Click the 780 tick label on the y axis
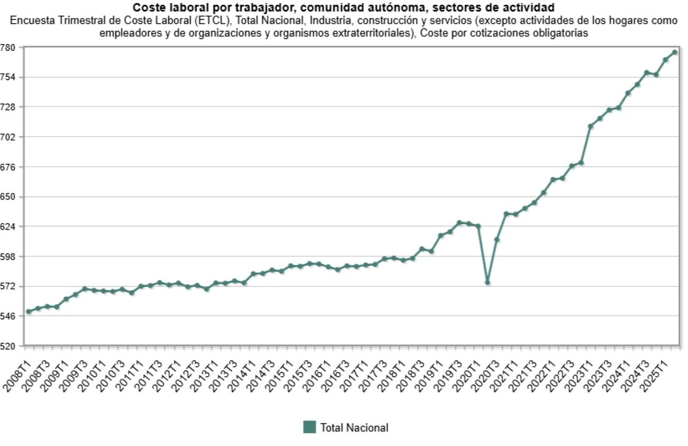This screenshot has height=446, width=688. point(10,48)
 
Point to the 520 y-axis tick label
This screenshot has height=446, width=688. point(10,346)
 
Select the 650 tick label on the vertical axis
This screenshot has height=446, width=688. point(10,197)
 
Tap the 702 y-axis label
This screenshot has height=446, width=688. point(10,137)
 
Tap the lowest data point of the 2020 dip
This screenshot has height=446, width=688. point(487,282)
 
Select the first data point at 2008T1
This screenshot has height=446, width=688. point(29,311)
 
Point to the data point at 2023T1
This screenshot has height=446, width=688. point(591,126)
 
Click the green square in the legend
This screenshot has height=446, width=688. point(309,427)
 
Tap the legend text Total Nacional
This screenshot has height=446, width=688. point(354,428)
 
